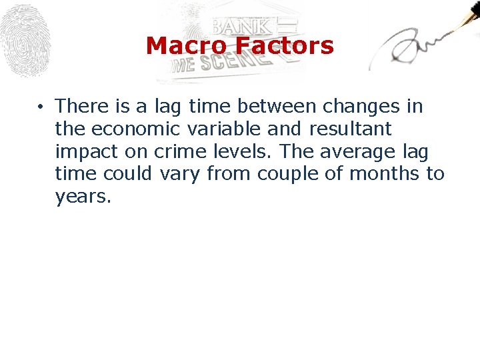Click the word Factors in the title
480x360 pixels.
tap(288, 46)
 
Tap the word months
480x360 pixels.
tap(385, 174)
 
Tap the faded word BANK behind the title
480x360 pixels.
tap(241, 26)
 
